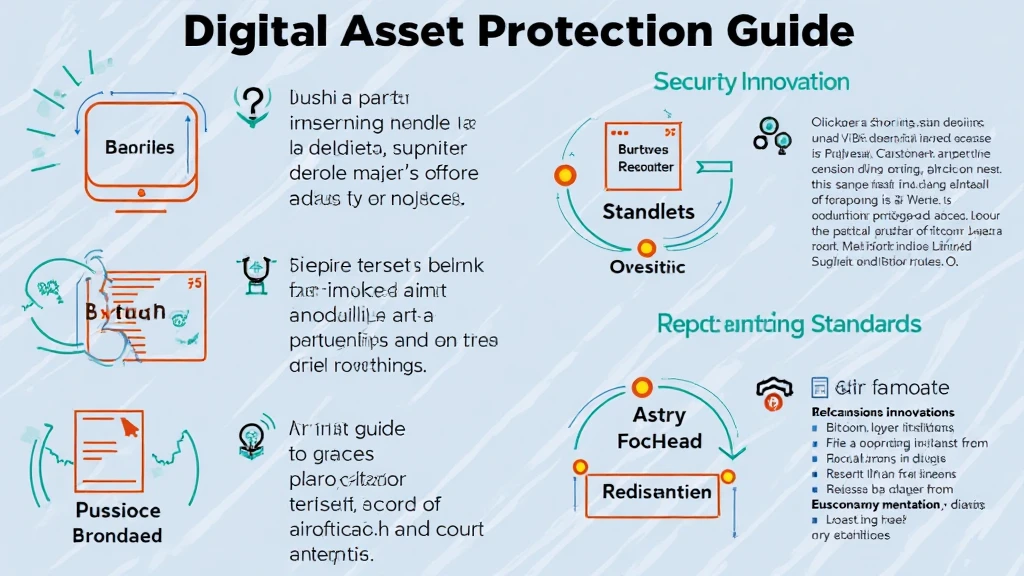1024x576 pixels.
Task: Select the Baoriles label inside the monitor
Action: click(139, 147)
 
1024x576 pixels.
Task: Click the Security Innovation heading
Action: click(751, 82)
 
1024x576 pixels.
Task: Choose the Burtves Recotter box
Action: click(646, 159)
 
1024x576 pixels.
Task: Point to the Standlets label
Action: click(648, 211)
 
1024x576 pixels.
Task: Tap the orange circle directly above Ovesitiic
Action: click(646, 247)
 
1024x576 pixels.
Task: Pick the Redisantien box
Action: click(657, 491)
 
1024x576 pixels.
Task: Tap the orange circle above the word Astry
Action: click(641, 386)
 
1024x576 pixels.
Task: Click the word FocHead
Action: click(659, 441)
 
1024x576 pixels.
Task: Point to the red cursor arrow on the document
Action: click(128, 427)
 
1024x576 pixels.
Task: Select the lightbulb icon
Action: click(250, 437)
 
